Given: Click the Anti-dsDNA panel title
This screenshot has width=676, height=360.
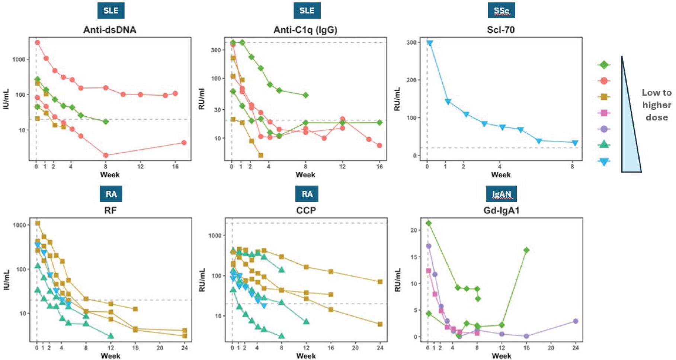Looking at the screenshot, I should (x=110, y=30).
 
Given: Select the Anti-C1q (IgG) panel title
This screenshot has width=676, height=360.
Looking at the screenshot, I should (x=305, y=30).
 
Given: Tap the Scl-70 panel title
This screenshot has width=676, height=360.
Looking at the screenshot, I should (x=501, y=30).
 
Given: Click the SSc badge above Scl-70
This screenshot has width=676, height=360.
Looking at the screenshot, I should (x=502, y=10).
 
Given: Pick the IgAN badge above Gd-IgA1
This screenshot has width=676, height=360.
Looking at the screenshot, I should (x=502, y=194).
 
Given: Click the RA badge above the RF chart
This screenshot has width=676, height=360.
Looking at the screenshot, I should (x=111, y=194).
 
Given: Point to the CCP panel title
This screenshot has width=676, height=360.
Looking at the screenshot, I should (x=306, y=210).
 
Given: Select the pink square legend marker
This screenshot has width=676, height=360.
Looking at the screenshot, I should (x=604, y=113).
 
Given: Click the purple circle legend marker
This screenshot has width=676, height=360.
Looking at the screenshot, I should (x=604, y=129).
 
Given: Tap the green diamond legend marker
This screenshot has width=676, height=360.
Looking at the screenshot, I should (x=604, y=65).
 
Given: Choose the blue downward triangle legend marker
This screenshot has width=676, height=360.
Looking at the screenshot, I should (x=604, y=161).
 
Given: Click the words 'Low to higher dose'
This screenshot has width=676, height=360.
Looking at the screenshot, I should (x=657, y=105).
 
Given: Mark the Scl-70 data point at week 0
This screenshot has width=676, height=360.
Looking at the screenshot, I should (x=430, y=43).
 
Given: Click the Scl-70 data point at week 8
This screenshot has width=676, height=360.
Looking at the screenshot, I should (x=575, y=143).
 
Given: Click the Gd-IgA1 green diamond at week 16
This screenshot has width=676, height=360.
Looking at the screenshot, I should (x=526, y=250).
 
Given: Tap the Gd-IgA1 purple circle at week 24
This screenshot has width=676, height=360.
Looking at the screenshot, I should (x=576, y=321).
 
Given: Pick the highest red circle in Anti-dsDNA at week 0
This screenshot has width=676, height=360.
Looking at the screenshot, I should (x=37, y=42).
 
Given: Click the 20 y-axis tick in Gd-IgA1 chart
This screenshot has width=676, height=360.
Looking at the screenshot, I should (x=414, y=230).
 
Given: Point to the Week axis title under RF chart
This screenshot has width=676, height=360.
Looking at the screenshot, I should (x=110, y=356).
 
